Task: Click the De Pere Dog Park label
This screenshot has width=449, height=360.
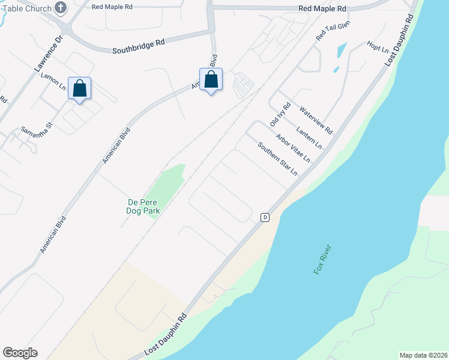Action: [142, 206]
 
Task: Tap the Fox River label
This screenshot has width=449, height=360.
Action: [322, 259]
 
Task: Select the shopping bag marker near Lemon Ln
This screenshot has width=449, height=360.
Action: [80, 89]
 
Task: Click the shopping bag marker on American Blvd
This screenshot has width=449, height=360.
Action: [211, 80]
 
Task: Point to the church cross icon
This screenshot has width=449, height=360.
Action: [61, 8]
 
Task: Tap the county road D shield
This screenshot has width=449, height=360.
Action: [264, 217]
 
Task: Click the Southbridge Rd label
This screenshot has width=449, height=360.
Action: [138, 47]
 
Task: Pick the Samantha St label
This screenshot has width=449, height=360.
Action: [37, 127]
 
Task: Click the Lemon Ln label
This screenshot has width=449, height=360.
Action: [53, 82]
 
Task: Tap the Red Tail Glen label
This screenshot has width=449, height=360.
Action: [333, 31]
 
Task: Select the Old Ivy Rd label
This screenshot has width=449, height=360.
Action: [280, 113]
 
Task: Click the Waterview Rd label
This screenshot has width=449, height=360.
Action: [316, 120]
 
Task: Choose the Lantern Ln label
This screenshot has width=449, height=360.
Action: [309, 137]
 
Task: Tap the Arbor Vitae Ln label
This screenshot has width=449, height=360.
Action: [293, 148]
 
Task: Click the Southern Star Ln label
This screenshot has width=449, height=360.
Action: [277, 158]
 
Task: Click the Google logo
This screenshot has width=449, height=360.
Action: [20, 353]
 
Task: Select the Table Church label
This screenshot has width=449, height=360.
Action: [25, 8]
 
